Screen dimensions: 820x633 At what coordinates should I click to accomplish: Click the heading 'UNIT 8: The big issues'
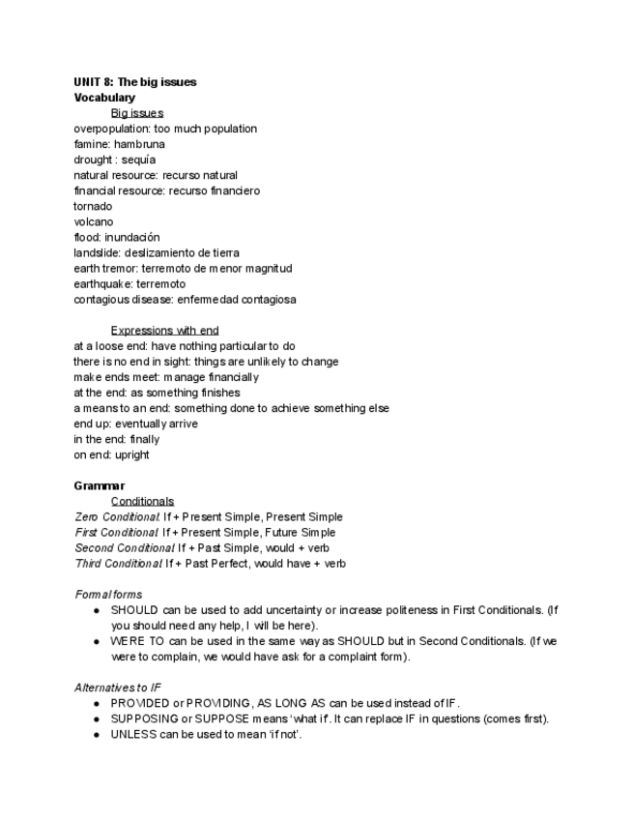pos(134,82)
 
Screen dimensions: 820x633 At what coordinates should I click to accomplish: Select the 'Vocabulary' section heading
pos(104,98)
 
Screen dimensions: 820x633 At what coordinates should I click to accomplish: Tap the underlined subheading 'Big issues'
pos(136,113)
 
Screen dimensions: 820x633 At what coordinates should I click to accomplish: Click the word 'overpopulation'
pos(110,129)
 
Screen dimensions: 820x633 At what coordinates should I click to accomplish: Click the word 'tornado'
pos(93,206)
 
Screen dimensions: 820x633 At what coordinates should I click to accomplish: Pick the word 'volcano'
pos(93,221)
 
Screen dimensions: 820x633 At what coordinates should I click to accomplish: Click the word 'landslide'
pos(96,252)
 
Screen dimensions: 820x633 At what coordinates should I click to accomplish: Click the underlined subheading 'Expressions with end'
pos(164,331)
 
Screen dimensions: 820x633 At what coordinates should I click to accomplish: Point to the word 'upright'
pos(130,454)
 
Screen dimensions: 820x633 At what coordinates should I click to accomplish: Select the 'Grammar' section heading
pos(99,485)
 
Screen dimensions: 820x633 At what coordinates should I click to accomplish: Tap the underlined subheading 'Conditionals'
pos(142,501)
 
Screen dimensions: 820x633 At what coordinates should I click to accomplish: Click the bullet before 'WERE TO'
pos(97,641)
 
